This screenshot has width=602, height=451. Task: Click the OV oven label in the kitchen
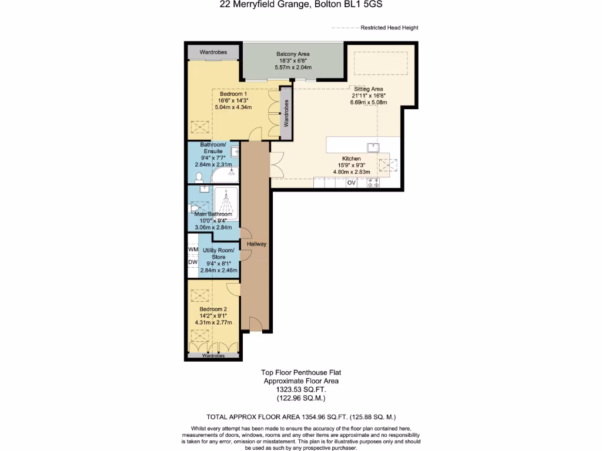point(352,183)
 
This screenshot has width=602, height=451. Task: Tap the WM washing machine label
point(193,250)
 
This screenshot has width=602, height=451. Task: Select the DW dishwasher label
point(193,262)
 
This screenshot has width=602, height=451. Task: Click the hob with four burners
point(373,183)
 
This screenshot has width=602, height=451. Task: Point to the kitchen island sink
point(373,146)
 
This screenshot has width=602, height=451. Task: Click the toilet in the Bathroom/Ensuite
point(199,177)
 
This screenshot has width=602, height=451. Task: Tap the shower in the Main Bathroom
point(226,203)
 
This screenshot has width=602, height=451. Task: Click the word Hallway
point(257,244)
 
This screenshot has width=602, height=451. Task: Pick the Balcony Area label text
point(293,54)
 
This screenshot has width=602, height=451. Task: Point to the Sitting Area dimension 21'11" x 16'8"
point(368,96)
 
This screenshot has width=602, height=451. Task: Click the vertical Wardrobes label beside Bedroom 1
point(286,113)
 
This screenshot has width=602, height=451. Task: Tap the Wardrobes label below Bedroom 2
point(213,356)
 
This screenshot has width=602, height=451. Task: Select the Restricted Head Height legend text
point(389,28)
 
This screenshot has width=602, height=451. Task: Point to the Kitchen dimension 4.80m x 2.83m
point(351,172)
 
